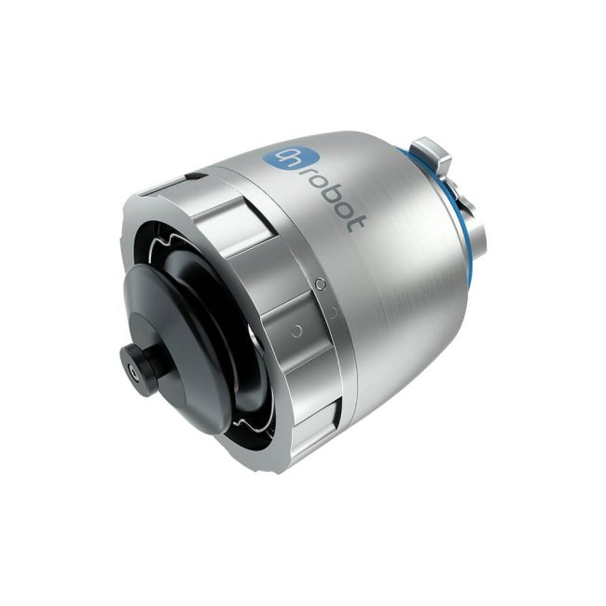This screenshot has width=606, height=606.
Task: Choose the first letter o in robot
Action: (x=318, y=182)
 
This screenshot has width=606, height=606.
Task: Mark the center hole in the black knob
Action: (x=136, y=371)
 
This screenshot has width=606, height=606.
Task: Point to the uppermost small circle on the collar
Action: (x=320, y=283)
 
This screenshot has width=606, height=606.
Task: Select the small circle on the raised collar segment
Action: (x=296, y=330)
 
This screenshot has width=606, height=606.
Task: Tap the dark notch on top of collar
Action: (x=191, y=174)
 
